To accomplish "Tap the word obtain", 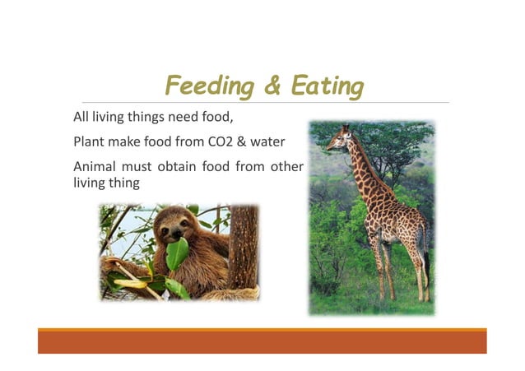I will tap(171, 167).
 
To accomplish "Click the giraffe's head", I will tap(338, 139).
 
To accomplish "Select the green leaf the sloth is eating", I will tap(177, 253).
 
